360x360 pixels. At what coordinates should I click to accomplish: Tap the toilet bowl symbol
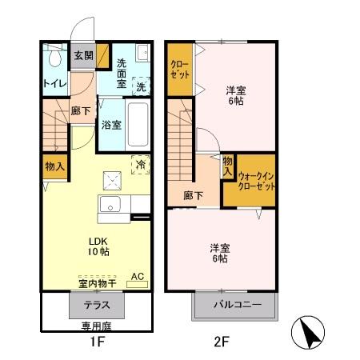(x=55, y=58)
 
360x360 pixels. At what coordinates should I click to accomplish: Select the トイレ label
(x=54, y=82)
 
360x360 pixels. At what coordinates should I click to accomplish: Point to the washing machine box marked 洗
(x=141, y=85)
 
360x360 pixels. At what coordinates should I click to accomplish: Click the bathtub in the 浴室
(x=139, y=119)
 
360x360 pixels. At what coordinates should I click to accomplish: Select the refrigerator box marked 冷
(x=141, y=161)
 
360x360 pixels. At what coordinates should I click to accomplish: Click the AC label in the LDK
(x=137, y=277)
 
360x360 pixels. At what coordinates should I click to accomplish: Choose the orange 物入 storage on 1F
(x=54, y=166)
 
